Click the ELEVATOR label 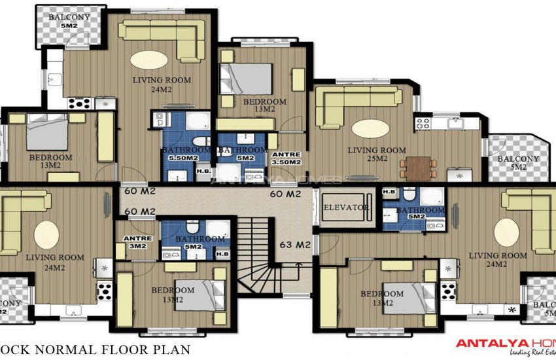pos(346,208)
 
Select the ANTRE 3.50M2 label pos(285,158)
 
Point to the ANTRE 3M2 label pos(137,242)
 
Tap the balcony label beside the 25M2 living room pos(518,162)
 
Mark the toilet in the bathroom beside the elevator pos(408,194)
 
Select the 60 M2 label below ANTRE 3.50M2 pos(287,194)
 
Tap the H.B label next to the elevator pos(389,192)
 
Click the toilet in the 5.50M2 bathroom pos(201,142)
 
